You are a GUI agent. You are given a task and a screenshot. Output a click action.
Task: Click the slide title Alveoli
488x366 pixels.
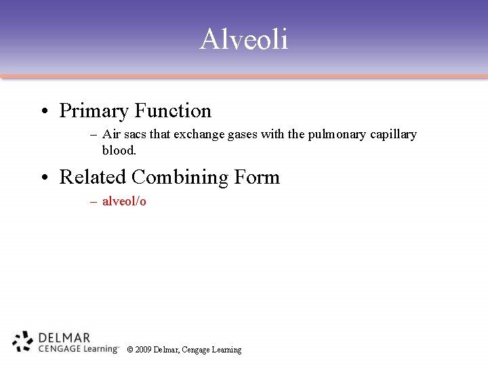[x=244, y=39]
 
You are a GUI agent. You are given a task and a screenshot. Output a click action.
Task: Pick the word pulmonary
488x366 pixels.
[x=338, y=134]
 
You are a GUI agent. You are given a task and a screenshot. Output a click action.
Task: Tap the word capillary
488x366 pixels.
[x=393, y=134]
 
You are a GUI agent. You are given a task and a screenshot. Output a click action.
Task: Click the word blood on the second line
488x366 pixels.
[x=119, y=150]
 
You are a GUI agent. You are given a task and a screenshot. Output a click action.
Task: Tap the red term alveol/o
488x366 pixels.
[x=124, y=201]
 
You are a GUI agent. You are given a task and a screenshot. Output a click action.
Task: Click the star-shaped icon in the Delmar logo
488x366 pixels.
[x=23, y=342]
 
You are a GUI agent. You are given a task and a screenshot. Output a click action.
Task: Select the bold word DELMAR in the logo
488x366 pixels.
[x=64, y=337]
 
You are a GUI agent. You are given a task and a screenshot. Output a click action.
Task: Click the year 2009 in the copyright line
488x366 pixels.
[x=143, y=350]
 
